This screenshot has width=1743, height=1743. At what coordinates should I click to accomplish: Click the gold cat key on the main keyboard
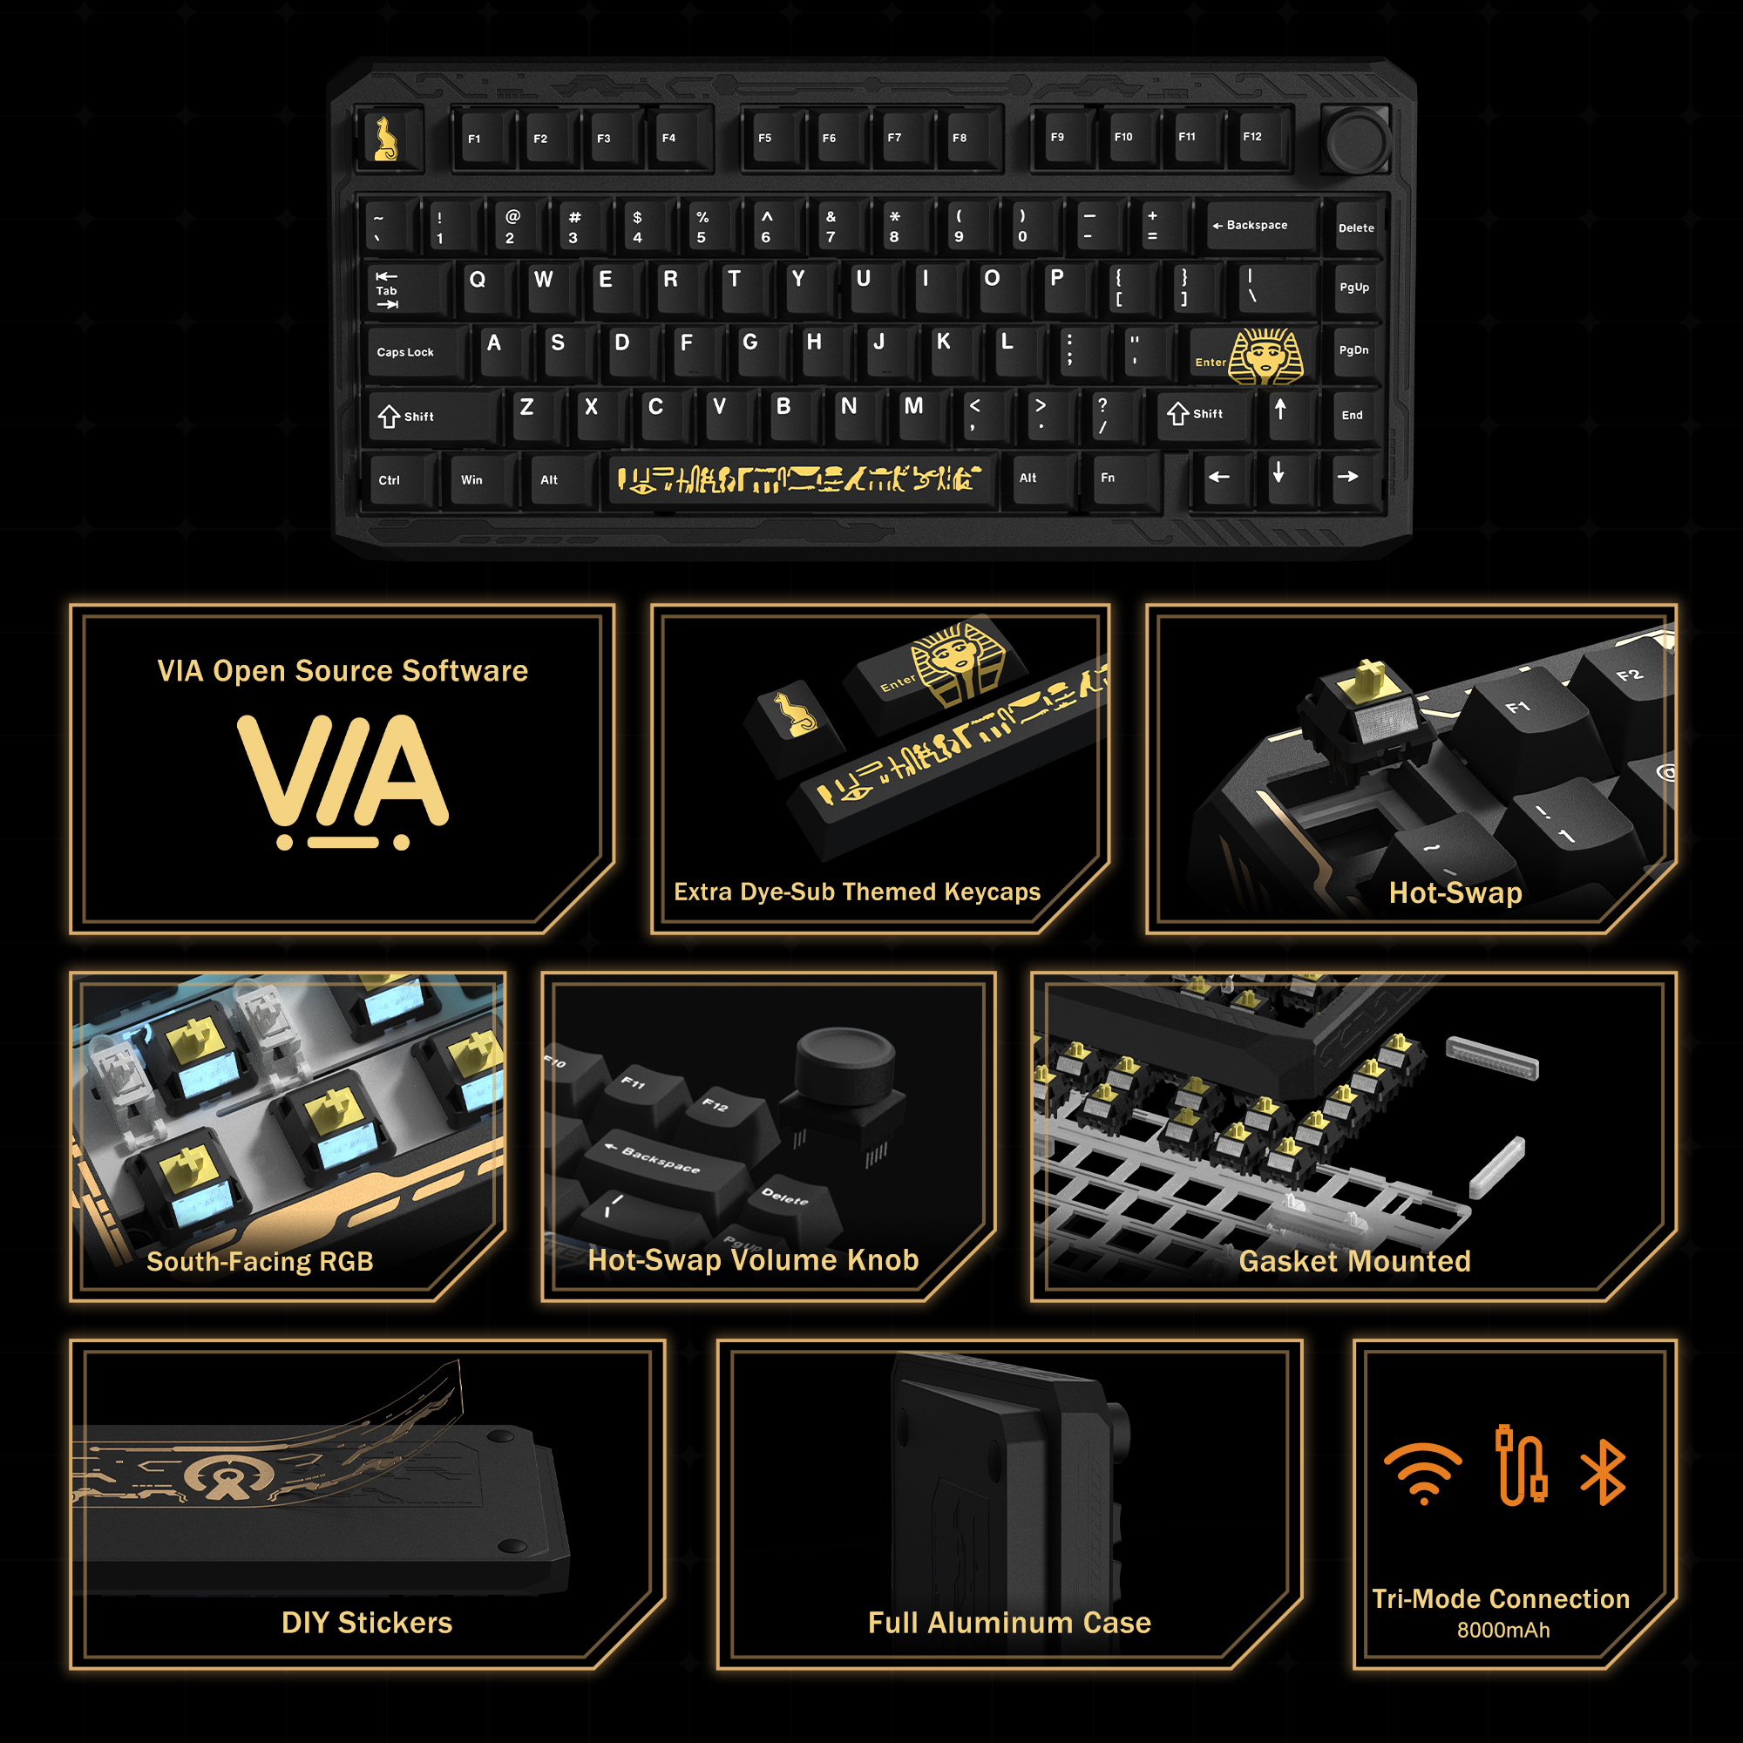tap(388, 139)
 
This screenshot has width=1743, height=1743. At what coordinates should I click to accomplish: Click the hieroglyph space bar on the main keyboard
tap(798, 479)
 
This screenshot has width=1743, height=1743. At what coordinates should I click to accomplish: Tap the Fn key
tap(1120, 478)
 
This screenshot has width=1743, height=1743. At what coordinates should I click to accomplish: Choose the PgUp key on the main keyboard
tap(1354, 288)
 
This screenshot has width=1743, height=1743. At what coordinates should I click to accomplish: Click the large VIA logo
tap(342, 781)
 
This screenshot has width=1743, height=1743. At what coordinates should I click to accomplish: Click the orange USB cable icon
tap(1521, 1465)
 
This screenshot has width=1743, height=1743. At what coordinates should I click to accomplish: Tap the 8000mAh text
tap(1503, 1631)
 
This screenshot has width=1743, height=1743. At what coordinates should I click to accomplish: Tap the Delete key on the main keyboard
tap(1355, 228)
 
